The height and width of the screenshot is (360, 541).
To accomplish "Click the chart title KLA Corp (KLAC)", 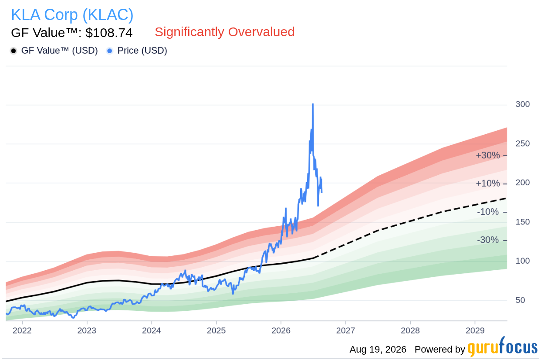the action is point(72,15).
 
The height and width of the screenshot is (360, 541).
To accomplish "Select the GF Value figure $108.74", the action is point(109,33).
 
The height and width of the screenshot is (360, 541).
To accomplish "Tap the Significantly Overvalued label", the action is point(225,32).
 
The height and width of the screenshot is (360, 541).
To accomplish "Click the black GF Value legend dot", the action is point(14,51).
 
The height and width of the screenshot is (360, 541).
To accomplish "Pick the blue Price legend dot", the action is point(110,51).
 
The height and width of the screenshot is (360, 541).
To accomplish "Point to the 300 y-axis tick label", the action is point(523,104).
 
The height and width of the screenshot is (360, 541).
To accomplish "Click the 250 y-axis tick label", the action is point(523,143).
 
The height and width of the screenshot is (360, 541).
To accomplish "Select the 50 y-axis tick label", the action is point(520,300).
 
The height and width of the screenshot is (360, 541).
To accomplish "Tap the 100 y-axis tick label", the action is point(523,261).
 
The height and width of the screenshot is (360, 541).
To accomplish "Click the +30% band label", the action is point(488,155).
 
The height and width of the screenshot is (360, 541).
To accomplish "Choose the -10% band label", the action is point(488,212).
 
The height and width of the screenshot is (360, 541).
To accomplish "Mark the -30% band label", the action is point(488,240).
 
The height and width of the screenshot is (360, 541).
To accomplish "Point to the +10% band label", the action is point(488,183).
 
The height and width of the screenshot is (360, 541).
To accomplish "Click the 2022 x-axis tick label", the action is point(22,330).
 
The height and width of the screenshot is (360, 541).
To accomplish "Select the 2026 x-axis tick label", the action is point(281,330).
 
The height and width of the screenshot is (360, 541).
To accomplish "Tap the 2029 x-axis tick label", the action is point(475,330).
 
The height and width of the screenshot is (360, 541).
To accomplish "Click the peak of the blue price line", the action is point(313,104).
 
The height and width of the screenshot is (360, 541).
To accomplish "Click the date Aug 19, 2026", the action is point(378,350).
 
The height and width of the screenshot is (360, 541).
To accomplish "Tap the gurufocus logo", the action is point(503,347).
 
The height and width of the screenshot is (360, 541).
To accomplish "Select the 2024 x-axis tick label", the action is point(152,330).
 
